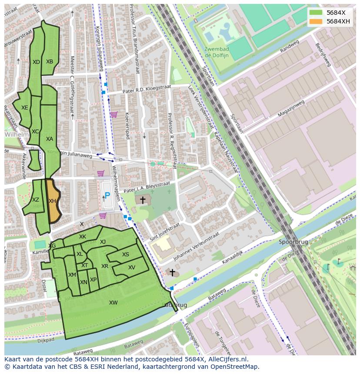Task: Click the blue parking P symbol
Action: (107, 196)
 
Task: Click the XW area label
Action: (113, 303)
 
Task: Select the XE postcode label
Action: (25, 108)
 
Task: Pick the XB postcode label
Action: (50, 62)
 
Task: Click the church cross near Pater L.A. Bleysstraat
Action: (143, 200)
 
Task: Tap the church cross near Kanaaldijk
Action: (172, 273)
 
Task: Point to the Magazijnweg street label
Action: (291, 108)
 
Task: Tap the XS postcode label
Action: (126, 255)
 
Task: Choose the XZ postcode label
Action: (36, 200)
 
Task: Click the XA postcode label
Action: (50, 139)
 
